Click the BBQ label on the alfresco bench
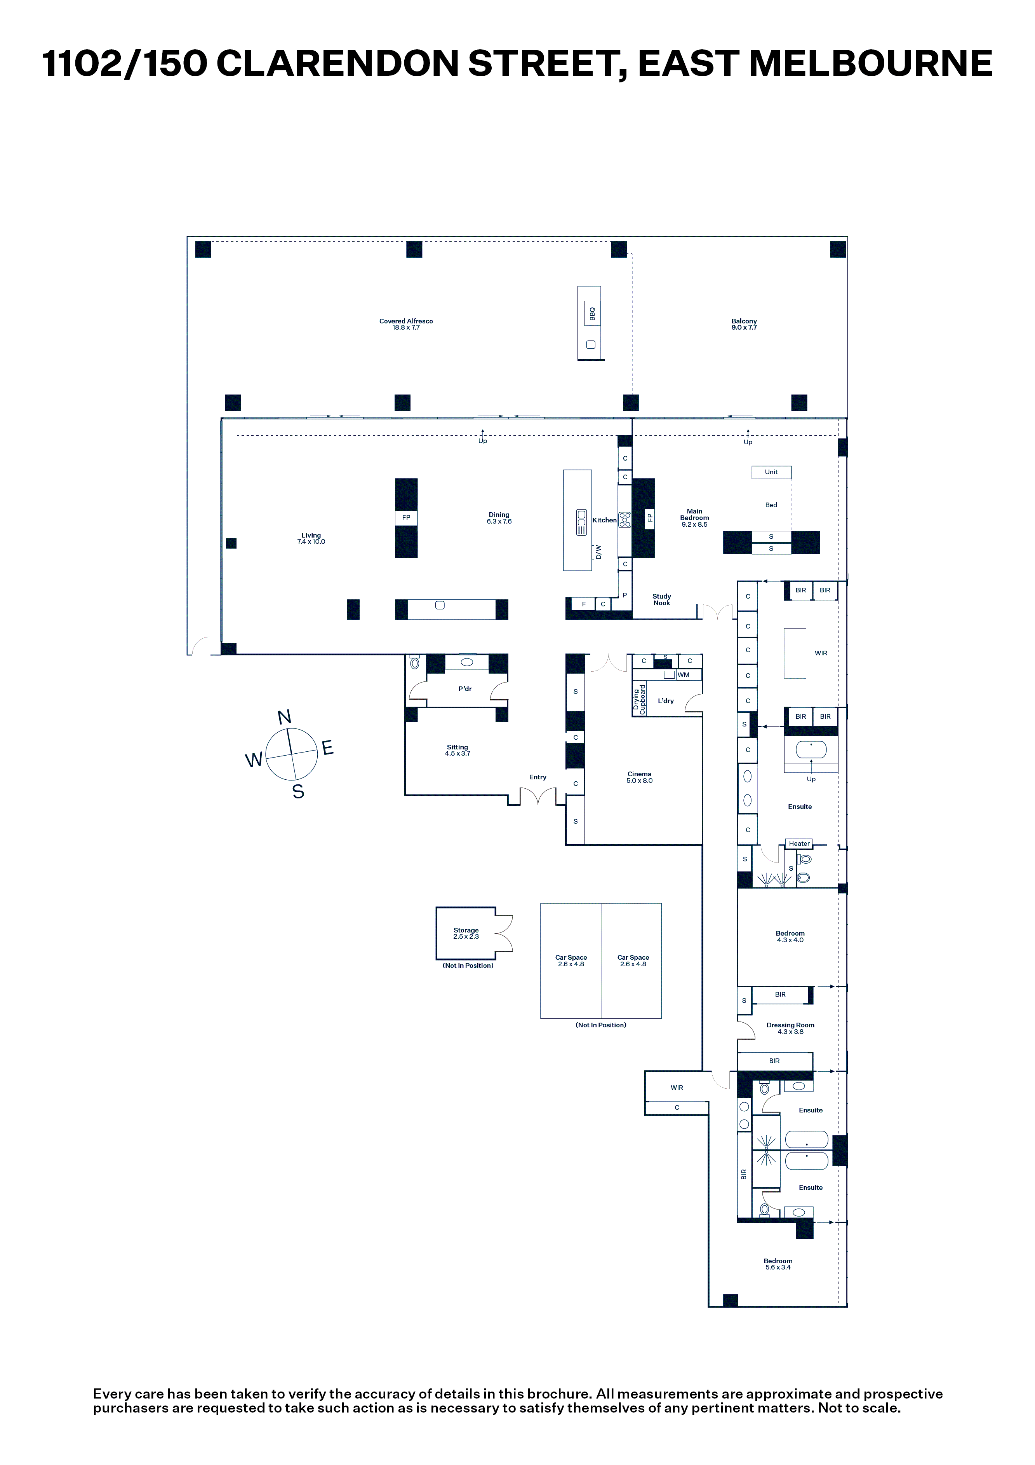pos(592,314)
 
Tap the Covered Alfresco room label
pos(406,324)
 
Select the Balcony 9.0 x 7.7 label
pos(744,324)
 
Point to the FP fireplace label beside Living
pos(406,517)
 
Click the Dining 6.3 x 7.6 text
pos(499,518)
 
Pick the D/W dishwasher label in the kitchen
pos(598,552)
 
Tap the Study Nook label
pos(662,600)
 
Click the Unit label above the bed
pos(771,472)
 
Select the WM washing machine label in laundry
pos(684,675)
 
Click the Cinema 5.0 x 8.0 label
pos(640,777)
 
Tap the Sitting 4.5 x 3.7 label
pos(457,750)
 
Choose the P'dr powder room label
pos(465,689)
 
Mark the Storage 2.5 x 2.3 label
pos(466,934)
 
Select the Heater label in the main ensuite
pos(799,843)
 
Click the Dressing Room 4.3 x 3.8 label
pos(790,1028)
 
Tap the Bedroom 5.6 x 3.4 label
pos(778,1264)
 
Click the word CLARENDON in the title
pos(337,63)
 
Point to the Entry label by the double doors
pos(538,777)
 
